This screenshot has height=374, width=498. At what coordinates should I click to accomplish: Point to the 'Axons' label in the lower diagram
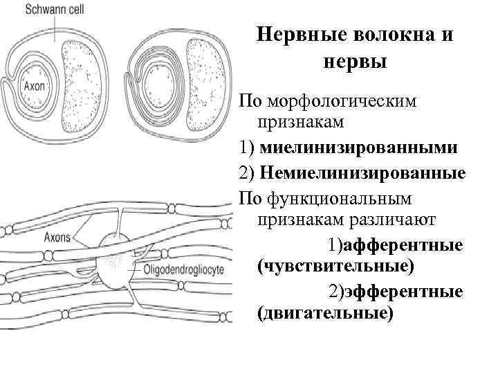pyautogui.click(x=57, y=238)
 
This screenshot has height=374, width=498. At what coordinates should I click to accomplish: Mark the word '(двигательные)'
pyautogui.click(x=324, y=313)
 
